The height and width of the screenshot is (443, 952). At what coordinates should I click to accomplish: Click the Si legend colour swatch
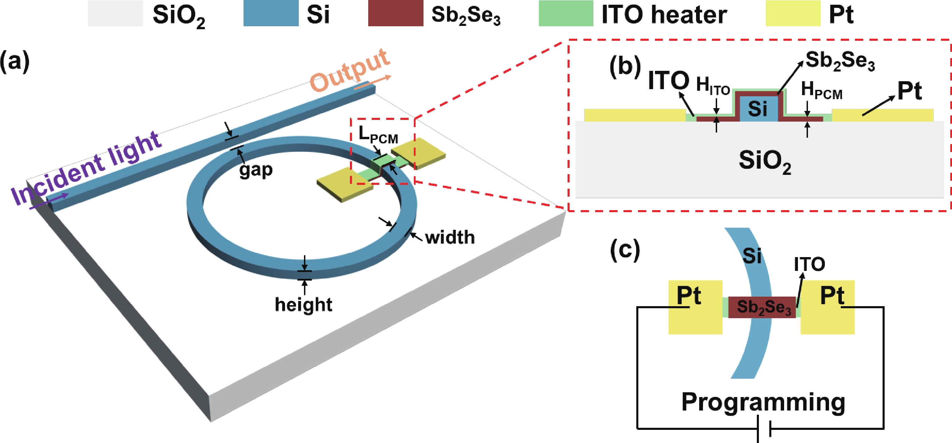(x=270, y=13)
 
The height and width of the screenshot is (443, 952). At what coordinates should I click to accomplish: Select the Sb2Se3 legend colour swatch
(x=396, y=13)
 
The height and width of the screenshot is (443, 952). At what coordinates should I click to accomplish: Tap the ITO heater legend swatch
(x=566, y=13)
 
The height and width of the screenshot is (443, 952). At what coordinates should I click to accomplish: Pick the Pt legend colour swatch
(x=793, y=13)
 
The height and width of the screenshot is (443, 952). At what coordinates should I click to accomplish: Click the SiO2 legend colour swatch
(x=115, y=13)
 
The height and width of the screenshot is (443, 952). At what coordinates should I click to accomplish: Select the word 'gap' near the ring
(x=256, y=170)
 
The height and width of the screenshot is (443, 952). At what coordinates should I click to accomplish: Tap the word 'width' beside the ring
(x=450, y=237)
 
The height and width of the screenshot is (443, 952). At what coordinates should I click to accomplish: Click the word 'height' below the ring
(x=303, y=305)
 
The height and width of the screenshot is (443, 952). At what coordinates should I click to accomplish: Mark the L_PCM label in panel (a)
(x=378, y=135)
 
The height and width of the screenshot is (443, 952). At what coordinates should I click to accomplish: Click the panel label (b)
(x=625, y=67)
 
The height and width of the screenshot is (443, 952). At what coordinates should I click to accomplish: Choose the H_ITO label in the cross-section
(x=713, y=86)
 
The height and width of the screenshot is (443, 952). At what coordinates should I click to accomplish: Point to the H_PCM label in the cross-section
(x=821, y=91)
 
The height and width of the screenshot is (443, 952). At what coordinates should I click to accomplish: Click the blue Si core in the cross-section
(x=758, y=109)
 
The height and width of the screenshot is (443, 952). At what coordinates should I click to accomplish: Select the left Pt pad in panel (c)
(x=695, y=307)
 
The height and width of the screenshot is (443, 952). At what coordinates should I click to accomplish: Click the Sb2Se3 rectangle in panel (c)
(x=762, y=307)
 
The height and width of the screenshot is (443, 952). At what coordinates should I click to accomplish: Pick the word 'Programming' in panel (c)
(x=763, y=402)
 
